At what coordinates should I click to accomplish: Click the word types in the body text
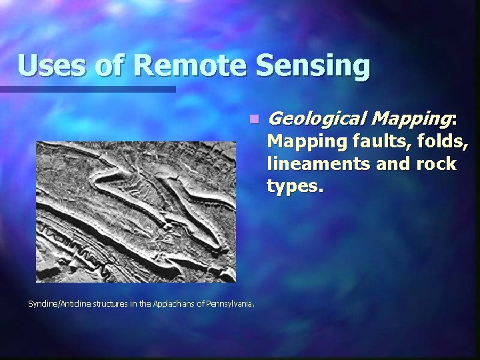tap(294, 187)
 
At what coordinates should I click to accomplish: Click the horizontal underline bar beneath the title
tap(87, 89)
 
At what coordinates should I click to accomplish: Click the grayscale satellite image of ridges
tap(136, 211)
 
